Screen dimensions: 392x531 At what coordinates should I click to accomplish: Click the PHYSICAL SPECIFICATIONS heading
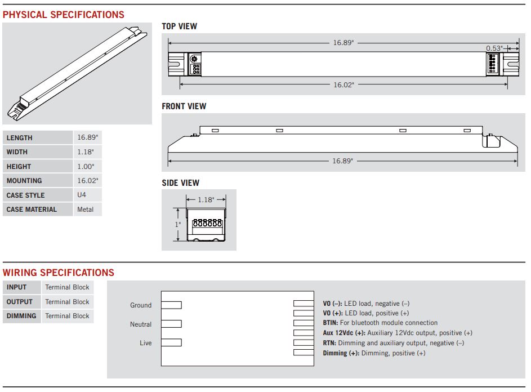pyautogui.click(x=64, y=15)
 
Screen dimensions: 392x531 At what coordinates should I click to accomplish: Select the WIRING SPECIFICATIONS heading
pyautogui.click(x=59, y=273)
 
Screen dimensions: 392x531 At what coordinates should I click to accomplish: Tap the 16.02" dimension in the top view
pyautogui.click(x=343, y=85)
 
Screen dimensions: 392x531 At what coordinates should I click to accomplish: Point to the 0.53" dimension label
pyautogui.click(x=494, y=48)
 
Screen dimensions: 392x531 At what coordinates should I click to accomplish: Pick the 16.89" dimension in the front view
pyautogui.click(x=342, y=161)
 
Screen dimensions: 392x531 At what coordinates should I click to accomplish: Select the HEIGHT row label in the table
pyautogui.click(x=19, y=167)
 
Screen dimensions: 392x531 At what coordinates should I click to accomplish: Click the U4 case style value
pyautogui.click(x=82, y=195)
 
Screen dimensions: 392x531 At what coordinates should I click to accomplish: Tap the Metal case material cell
pyautogui.click(x=86, y=210)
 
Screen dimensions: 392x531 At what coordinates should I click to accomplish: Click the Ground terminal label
pyautogui.click(x=141, y=305)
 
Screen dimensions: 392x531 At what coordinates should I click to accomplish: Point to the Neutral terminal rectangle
pyautogui.click(x=172, y=324)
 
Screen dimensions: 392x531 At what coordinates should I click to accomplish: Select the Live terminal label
pyautogui.click(x=145, y=343)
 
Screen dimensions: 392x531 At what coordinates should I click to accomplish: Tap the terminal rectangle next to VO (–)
pyautogui.click(x=302, y=303)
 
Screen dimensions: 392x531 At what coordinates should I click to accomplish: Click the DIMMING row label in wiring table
pyautogui.click(x=21, y=316)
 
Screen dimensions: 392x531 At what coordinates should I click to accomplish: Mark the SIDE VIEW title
pyautogui.click(x=180, y=183)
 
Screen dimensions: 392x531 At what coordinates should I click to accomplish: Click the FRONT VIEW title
pyautogui.click(x=184, y=106)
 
